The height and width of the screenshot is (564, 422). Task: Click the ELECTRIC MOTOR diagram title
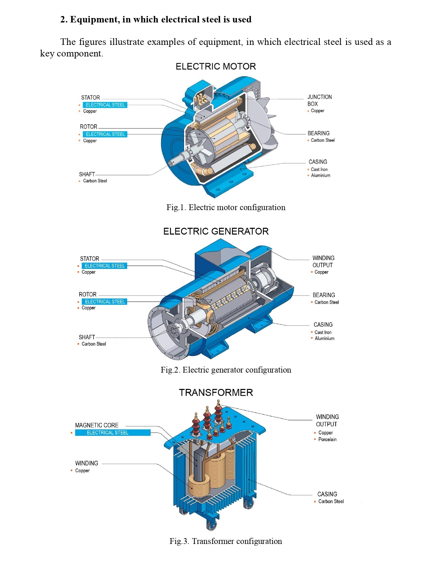click(x=216, y=66)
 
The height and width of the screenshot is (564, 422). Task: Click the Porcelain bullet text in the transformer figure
click(x=327, y=439)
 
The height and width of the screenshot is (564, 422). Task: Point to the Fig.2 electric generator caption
click(x=226, y=370)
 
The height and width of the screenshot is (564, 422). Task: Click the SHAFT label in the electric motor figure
click(x=87, y=174)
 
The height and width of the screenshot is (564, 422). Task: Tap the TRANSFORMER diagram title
click(x=216, y=393)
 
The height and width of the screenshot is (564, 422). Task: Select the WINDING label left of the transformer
click(x=86, y=463)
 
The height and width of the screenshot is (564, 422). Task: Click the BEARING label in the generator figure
click(x=323, y=295)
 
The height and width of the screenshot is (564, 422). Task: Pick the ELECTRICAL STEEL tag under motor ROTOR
click(x=105, y=134)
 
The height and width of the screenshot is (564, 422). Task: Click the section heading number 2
click(x=63, y=19)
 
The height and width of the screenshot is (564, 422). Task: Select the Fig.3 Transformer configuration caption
click(x=226, y=541)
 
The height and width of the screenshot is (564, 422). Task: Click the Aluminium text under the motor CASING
click(x=320, y=175)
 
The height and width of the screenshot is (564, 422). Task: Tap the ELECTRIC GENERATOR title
click(x=216, y=231)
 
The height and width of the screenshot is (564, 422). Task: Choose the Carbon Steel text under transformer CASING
click(x=331, y=501)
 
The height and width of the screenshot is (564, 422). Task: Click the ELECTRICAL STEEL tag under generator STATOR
click(x=104, y=266)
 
